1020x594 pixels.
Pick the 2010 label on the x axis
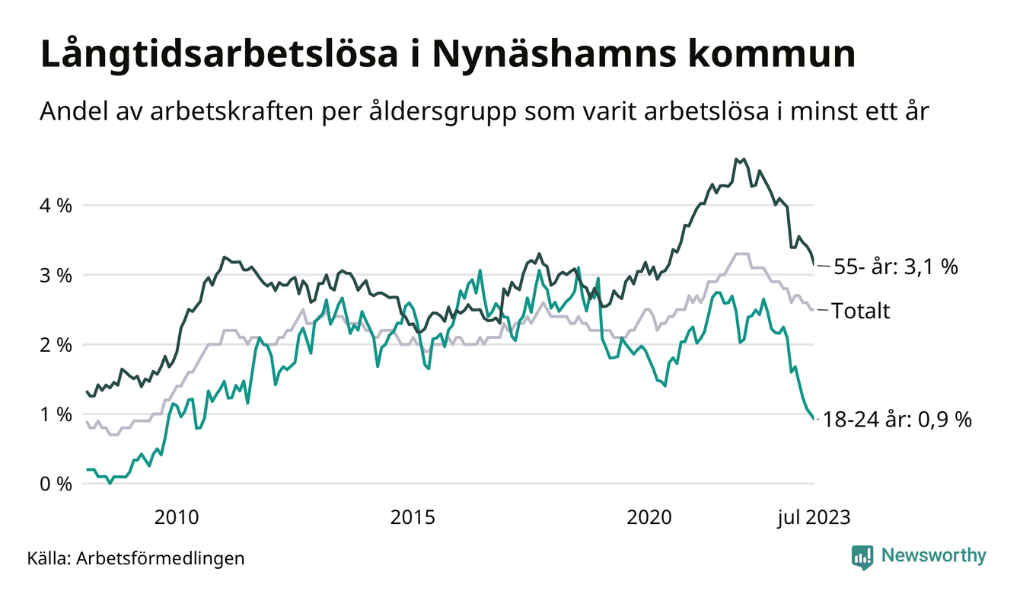pos(177,518)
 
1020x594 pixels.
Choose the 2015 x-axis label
pos(413,518)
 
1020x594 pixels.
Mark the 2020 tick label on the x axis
pos(649,518)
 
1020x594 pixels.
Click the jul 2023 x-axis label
pos(813,518)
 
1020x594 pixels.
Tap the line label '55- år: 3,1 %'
pos(895,267)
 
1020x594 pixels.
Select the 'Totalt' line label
pos(860,311)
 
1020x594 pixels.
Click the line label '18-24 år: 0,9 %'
pos(897,420)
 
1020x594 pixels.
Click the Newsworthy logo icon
pos(862,557)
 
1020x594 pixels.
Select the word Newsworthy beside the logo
pos(933,556)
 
